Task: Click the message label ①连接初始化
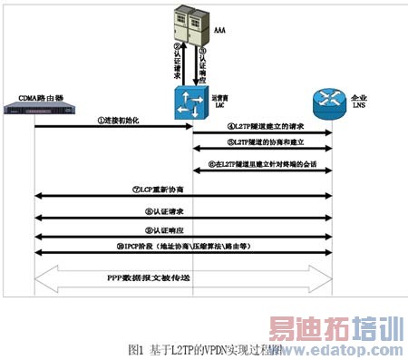[115, 120]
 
